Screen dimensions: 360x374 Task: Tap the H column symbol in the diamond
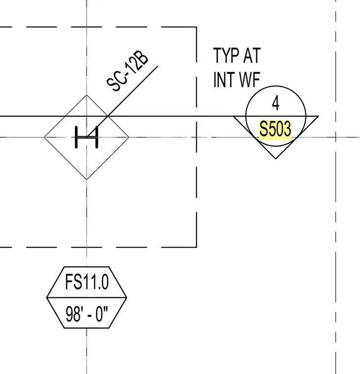click(87, 137)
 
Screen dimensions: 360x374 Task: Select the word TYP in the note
click(226, 56)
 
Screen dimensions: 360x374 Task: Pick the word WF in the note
click(250, 80)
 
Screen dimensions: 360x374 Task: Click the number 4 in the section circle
click(275, 103)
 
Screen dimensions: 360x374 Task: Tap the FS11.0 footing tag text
click(87, 281)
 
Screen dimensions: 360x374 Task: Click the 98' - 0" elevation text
click(87, 314)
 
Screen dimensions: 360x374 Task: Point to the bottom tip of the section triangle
click(276, 159)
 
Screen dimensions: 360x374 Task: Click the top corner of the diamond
click(87, 95)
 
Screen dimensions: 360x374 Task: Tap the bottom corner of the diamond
click(87, 179)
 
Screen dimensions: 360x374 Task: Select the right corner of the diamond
click(129, 137)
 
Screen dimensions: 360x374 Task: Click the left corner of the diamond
click(44, 137)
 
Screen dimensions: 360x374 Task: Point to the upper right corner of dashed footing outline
click(196, 27)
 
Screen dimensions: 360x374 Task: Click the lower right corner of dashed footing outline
click(196, 247)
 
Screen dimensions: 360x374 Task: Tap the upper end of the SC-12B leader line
click(157, 66)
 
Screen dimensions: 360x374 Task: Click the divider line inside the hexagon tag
click(87, 297)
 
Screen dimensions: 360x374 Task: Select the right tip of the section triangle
click(319, 117)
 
